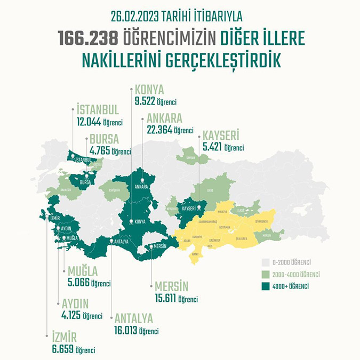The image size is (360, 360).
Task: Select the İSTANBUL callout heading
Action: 97,110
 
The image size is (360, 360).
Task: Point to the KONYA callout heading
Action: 149,89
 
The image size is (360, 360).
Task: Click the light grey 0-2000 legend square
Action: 265,263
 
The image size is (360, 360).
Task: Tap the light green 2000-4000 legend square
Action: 265,275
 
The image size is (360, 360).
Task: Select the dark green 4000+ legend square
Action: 265,286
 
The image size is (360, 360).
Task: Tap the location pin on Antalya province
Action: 111,241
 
